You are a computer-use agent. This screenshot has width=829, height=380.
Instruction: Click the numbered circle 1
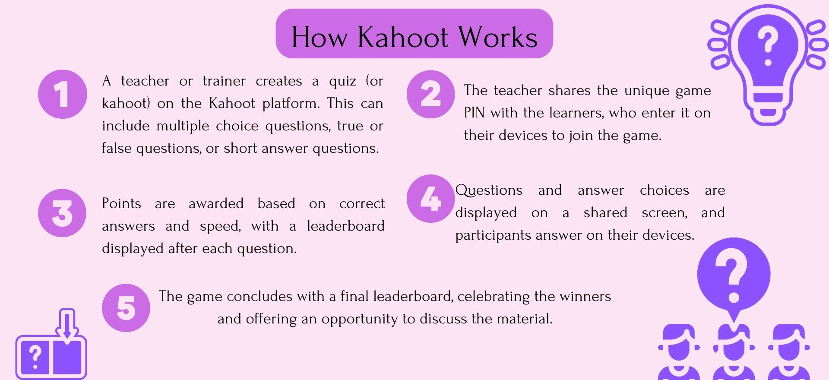63,94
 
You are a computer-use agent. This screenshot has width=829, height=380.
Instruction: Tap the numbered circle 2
430,94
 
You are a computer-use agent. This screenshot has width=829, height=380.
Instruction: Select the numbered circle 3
63,213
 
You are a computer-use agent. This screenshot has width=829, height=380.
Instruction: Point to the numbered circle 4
430,199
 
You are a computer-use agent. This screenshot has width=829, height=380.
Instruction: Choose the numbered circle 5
126,308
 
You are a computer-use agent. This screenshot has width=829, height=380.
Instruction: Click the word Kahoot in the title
403,37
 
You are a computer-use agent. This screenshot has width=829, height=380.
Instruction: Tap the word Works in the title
498,37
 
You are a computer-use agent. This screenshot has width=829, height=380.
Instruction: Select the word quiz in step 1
343,81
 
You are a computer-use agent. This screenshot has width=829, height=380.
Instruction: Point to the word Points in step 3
121,203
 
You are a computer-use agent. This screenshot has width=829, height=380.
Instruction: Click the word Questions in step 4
489,190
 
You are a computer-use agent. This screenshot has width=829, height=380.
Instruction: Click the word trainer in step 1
224,81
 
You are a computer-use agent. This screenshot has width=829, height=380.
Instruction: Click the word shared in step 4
605,212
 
